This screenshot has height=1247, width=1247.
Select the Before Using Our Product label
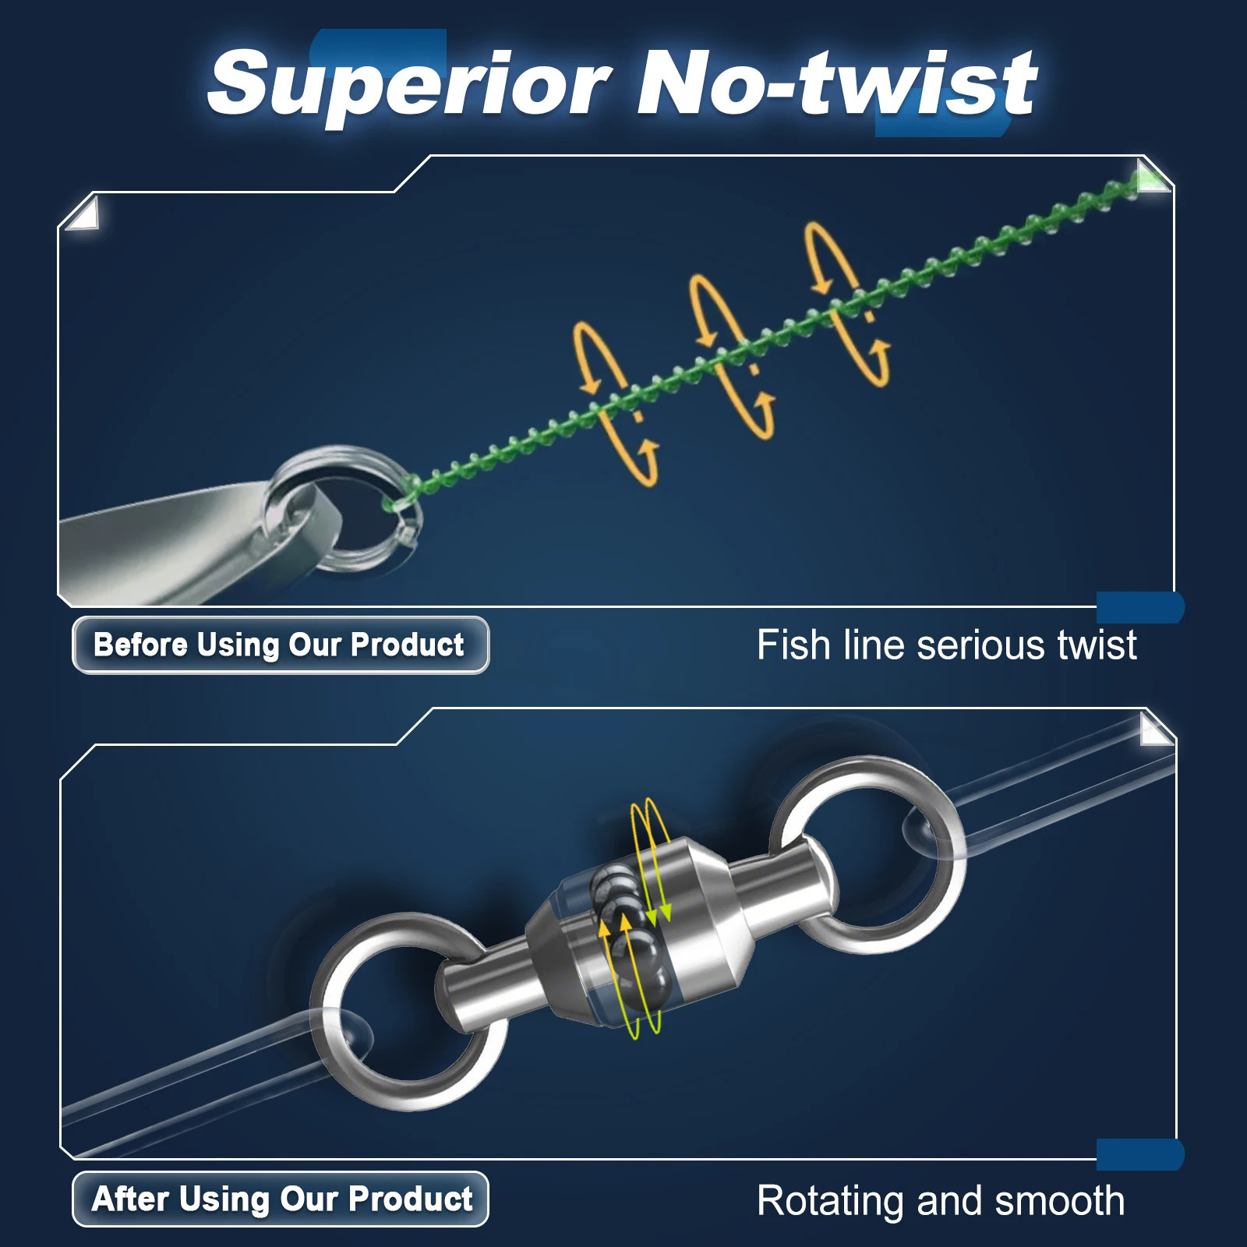[280, 645]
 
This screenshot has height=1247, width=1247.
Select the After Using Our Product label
[281, 1199]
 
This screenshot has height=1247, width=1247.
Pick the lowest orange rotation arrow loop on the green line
[616, 405]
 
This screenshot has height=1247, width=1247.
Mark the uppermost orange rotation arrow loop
[846, 304]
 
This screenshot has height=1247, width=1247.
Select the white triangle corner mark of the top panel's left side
[83, 214]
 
